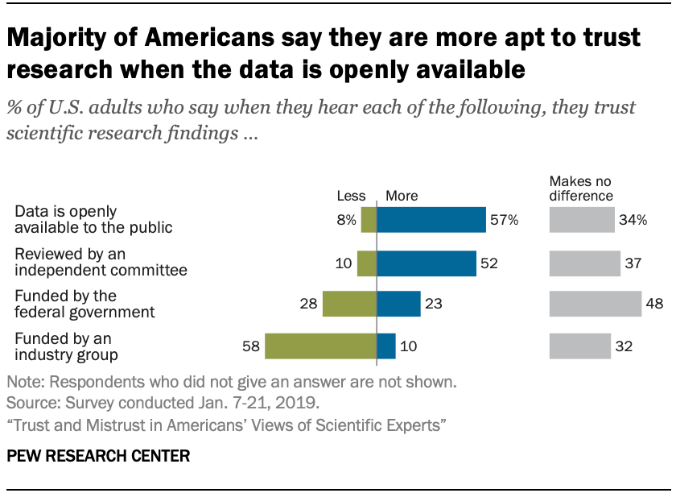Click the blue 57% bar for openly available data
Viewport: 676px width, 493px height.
[431, 220]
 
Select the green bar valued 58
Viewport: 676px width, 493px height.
[321, 346]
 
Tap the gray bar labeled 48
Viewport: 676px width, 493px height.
[595, 304]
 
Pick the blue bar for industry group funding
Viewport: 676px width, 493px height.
[386, 346]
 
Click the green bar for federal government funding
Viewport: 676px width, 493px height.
[349, 304]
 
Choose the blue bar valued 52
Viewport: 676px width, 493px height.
[427, 262]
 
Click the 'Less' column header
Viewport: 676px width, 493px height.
[351, 196]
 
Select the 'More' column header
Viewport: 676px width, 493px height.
[402, 196]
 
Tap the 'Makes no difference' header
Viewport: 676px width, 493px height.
[581, 188]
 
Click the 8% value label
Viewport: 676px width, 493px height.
[347, 220]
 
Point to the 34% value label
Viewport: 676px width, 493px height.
[633, 220]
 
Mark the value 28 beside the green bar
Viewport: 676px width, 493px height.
[307, 304]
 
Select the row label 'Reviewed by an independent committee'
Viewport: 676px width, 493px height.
[101, 263]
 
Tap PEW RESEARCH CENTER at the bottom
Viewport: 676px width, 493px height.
[98, 456]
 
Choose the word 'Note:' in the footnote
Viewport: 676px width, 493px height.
[27, 380]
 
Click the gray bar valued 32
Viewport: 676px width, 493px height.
[579, 346]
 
